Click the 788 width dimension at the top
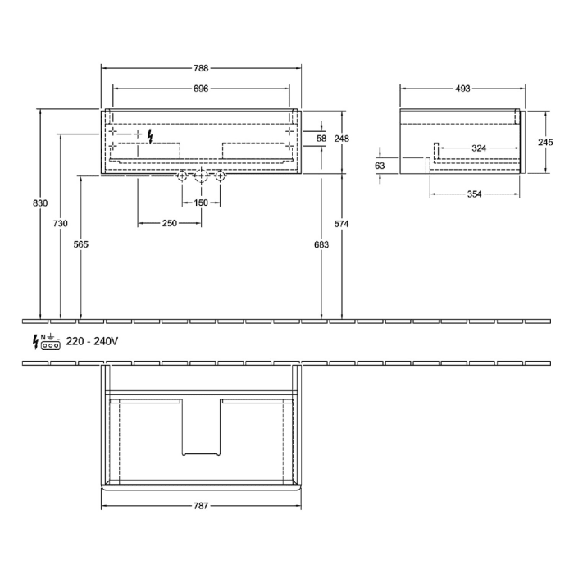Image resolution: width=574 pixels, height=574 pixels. (202, 70)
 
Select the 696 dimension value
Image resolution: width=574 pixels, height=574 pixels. (202, 89)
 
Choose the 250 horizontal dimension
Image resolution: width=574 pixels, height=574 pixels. (170, 223)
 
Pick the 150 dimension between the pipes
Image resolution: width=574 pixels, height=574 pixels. (201, 203)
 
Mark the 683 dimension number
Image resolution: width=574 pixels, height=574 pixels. (321, 244)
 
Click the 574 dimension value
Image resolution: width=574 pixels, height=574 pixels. (343, 223)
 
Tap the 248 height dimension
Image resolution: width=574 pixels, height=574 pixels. (343, 139)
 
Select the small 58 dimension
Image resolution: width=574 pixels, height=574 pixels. (321, 139)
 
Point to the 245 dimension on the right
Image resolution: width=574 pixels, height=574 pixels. (545, 141)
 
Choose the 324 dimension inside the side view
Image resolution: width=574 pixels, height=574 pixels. (479, 148)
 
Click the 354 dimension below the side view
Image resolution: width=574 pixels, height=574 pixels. (474, 194)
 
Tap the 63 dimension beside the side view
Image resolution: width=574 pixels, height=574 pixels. (380, 166)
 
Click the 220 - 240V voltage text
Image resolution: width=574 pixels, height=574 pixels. (92, 341)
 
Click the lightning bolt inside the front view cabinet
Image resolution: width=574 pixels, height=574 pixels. (150, 136)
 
